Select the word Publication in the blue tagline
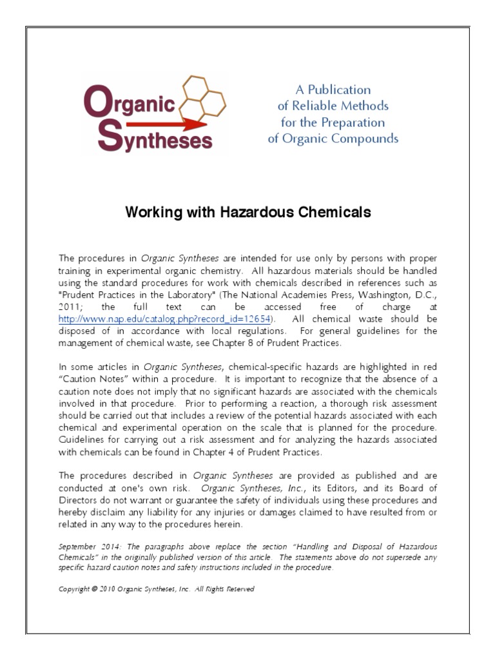point(342,90)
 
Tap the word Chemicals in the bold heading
point(329,212)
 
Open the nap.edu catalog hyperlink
point(166,318)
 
